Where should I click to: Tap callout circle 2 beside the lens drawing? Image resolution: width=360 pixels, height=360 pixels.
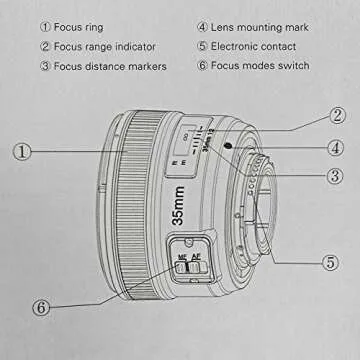(338, 117)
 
